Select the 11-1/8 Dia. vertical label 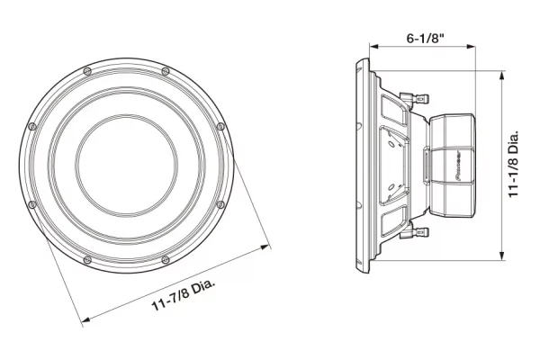click(514, 164)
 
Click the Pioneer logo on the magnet click(458, 166)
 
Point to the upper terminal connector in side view click(415, 99)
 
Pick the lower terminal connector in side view click(415, 232)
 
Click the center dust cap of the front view click(126, 166)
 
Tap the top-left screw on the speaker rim click(87, 72)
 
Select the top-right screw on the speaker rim click(166, 72)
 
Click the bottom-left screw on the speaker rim click(87, 259)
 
